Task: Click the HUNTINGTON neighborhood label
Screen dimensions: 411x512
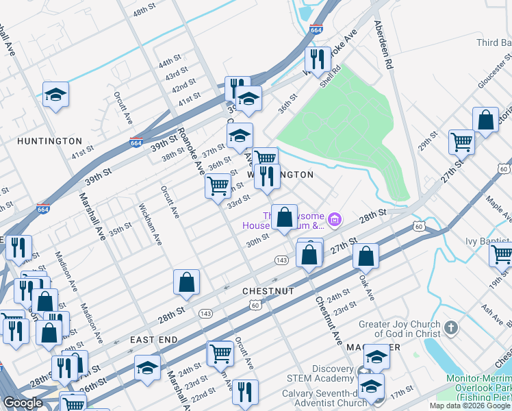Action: click(x=49, y=141)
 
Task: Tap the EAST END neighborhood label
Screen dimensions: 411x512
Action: click(x=154, y=340)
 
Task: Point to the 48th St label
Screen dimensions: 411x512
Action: click(x=145, y=13)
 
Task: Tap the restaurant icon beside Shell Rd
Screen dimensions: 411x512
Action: click(x=315, y=59)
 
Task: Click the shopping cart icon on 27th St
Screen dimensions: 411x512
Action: click(x=461, y=142)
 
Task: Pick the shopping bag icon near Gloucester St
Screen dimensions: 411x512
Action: click(x=485, y=121)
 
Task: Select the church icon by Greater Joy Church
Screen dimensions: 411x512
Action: click(x=450, y=327)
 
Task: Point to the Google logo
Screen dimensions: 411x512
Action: click(x=23, y=403)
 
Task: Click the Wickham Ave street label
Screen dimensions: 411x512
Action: click(x=150, y=224)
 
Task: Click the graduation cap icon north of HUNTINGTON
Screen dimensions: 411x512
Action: click(x=55, y=95)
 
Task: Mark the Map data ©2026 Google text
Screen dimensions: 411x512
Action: click(x=469, y=406)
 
